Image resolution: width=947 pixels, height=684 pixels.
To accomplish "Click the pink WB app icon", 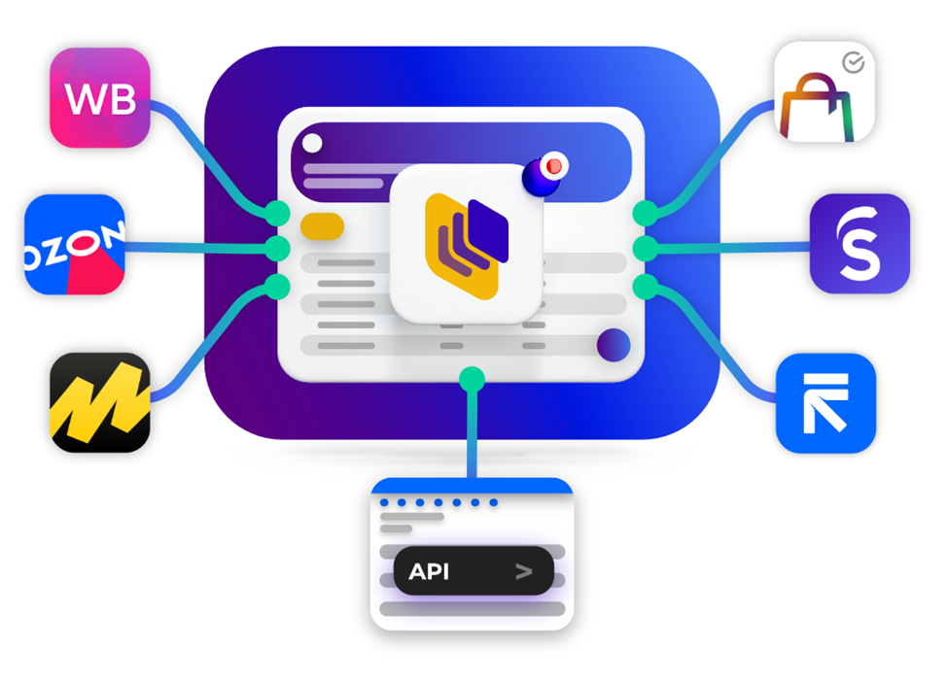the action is point(100,98).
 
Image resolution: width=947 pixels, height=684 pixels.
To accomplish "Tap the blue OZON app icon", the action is point(75,245).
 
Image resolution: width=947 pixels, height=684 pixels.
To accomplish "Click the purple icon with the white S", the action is point(859,244).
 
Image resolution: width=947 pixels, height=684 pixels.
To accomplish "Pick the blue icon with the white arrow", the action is point(825,402).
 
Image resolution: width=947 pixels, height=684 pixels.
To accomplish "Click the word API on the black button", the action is point(429,571).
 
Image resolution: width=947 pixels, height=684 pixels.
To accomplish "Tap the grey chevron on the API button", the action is point(524,571).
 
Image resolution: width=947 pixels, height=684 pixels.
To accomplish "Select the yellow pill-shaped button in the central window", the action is point(322,226).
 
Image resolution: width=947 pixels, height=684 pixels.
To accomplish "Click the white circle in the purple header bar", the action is point(312,144).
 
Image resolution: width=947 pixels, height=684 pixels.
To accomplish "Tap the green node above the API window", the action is point(472,378).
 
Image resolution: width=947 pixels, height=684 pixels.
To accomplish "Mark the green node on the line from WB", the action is point(278,212).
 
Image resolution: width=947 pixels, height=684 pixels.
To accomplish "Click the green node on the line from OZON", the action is point(278,249).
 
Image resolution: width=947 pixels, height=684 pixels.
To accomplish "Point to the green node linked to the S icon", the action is point(645,249).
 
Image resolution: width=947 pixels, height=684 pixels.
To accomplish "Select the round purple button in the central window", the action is point(613,344).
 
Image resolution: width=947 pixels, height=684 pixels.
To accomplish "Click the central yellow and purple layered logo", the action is point(467,243).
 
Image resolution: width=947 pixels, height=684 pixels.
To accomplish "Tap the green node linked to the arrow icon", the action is point(645,286).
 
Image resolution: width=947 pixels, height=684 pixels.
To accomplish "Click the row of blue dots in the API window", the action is point(438,502).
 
